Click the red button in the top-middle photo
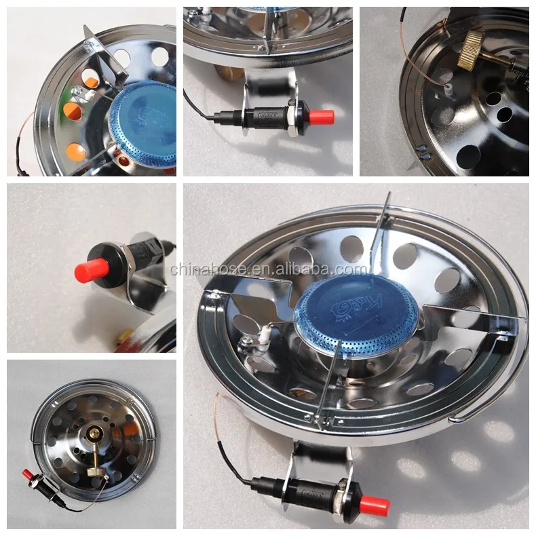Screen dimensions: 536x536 point(322,116)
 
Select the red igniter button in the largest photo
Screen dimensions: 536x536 point(374,505)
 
